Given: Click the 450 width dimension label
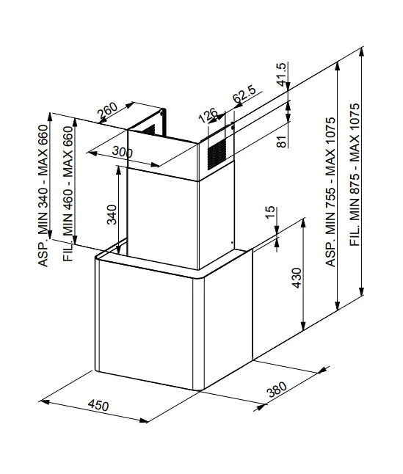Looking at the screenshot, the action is click(98, 405).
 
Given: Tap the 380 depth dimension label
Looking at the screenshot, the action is click(276, 390).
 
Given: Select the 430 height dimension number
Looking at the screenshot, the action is click(297, 278).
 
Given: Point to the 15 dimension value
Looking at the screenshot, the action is click(270, 212).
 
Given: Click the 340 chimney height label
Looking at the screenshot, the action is click(112, 214).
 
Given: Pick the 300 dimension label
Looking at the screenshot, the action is click(122, 151).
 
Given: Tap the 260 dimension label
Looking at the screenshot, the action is click(107, 111).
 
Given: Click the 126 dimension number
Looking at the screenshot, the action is click(208, 115).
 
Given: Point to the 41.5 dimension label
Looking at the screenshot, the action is click(281, 74).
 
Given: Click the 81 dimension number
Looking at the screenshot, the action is click(281, 142).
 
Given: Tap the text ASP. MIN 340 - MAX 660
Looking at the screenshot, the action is click(43, 195).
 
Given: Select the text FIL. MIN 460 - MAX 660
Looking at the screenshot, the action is click(68, 194).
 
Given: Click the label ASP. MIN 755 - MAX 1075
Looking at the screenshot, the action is click(330, 192).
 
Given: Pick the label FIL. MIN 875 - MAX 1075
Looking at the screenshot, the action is click(355, 175).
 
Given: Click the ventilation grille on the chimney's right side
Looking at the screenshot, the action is click(217, 154).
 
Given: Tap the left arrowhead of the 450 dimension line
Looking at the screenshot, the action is click(45, 402).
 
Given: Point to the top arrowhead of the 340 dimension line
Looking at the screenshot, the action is click(118, 170).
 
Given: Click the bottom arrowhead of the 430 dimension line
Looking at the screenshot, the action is click(303, 326).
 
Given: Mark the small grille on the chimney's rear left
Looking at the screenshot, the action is click(149, 130).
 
